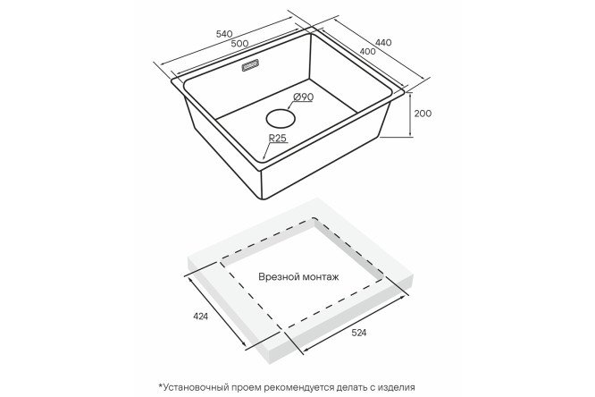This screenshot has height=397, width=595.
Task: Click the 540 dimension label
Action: pyautogui.click(x=224, y=34)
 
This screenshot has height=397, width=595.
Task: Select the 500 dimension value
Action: pyautogui.click(x=239, y=43)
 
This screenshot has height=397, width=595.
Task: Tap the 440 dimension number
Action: pyautogui.click(x=383, y=43)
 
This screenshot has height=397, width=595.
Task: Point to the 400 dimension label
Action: pyautogui.click(x=367, y=51)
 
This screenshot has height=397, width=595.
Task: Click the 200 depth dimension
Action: pyautogui.click(x=423, y=114)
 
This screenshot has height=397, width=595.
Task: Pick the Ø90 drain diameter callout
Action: pyautogui.click(x=303, y=97)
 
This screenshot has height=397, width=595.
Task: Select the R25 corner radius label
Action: pyautogui.click(x=277, y=139)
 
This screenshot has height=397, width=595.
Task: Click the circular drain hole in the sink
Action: pyautogui.click(x=281, y=118)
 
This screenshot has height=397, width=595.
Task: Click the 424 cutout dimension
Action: pyautogui.click(x=200, y=317)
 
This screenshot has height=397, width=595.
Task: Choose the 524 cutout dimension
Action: pyautogui.click(x=358, y=333)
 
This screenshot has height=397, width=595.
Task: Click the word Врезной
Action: pyautogui.click(x=279, y=276)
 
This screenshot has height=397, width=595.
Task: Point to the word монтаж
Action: pyautogui.click(x=321, y=277)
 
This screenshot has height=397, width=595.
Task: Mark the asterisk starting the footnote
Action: pyautogui.click(x=161, y=385)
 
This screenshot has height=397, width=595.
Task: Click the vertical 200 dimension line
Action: pyautogui.click(x=410, y=114)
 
